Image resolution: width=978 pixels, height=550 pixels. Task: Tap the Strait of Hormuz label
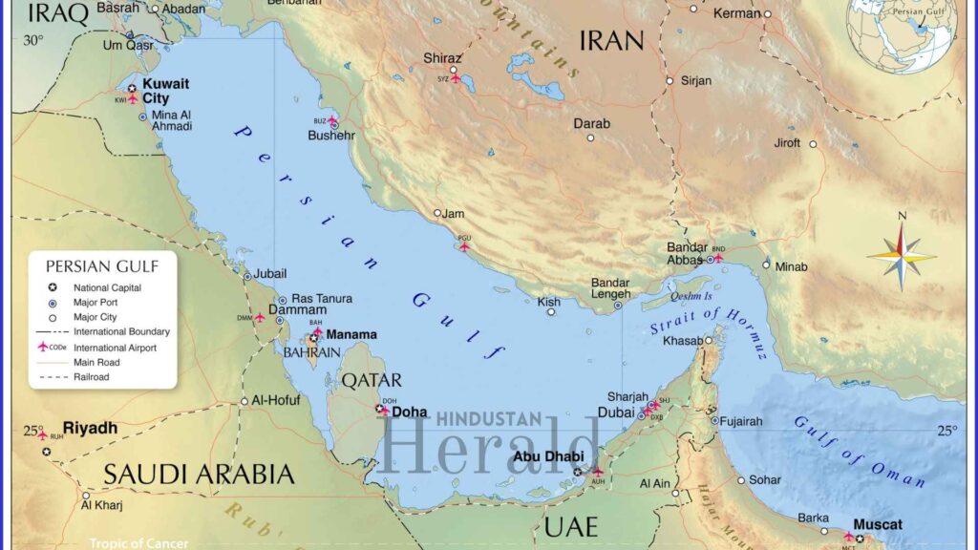[708, 325]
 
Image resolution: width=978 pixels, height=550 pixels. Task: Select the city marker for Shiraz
[454, 70]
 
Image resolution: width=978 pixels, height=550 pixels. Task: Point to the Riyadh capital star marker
[47, 451]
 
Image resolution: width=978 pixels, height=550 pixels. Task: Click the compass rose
[902, 255]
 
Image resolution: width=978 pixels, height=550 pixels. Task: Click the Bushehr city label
[331, 136]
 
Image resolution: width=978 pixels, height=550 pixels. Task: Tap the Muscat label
[877, 525]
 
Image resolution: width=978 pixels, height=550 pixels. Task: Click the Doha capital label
[410, 412]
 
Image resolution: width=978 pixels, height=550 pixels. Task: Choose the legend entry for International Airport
[115, 348]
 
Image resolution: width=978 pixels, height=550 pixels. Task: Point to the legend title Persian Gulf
[102, 266]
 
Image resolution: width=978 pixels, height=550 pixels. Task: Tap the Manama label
[351, 335]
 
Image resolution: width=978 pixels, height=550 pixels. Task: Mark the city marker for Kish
[551, 312]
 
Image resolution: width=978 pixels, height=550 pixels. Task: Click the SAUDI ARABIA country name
[199, 475]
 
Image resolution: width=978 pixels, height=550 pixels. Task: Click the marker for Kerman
[766, 13]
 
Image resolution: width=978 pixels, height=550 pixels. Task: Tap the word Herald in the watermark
[492, 446]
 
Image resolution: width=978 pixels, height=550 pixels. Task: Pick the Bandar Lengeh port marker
[617, 305]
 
